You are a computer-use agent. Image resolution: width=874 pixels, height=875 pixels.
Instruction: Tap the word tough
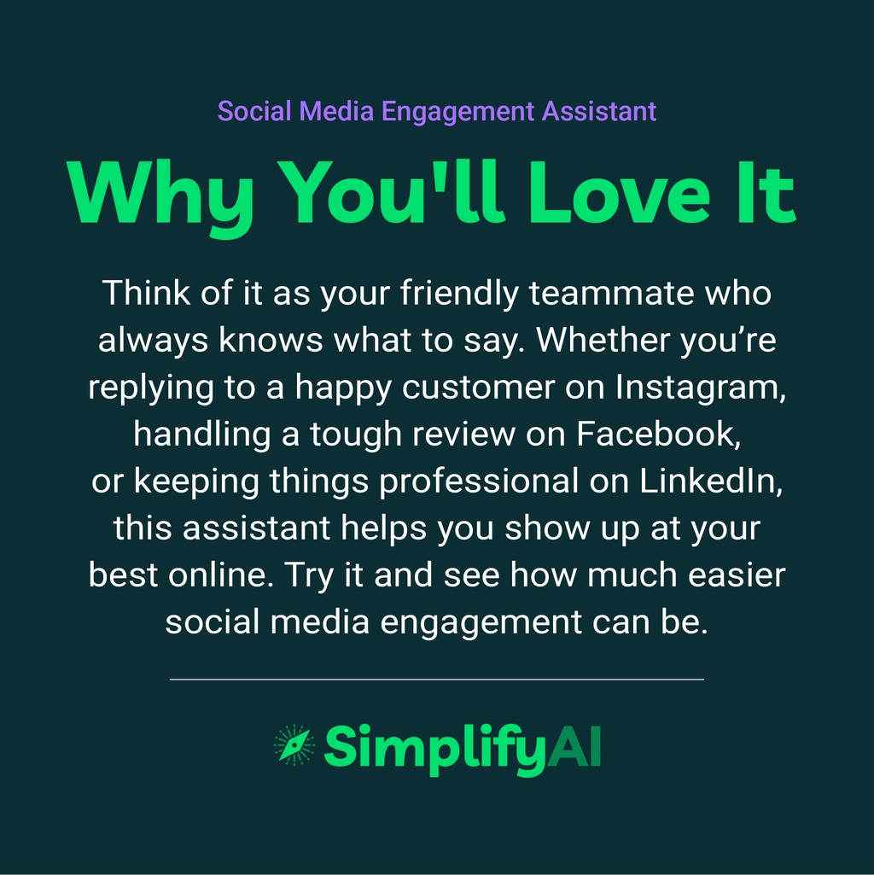coord(357,435)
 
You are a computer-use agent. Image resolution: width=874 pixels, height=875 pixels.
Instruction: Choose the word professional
coord(479,481)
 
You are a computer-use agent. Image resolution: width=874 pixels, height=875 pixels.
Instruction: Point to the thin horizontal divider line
coord(437,680)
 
